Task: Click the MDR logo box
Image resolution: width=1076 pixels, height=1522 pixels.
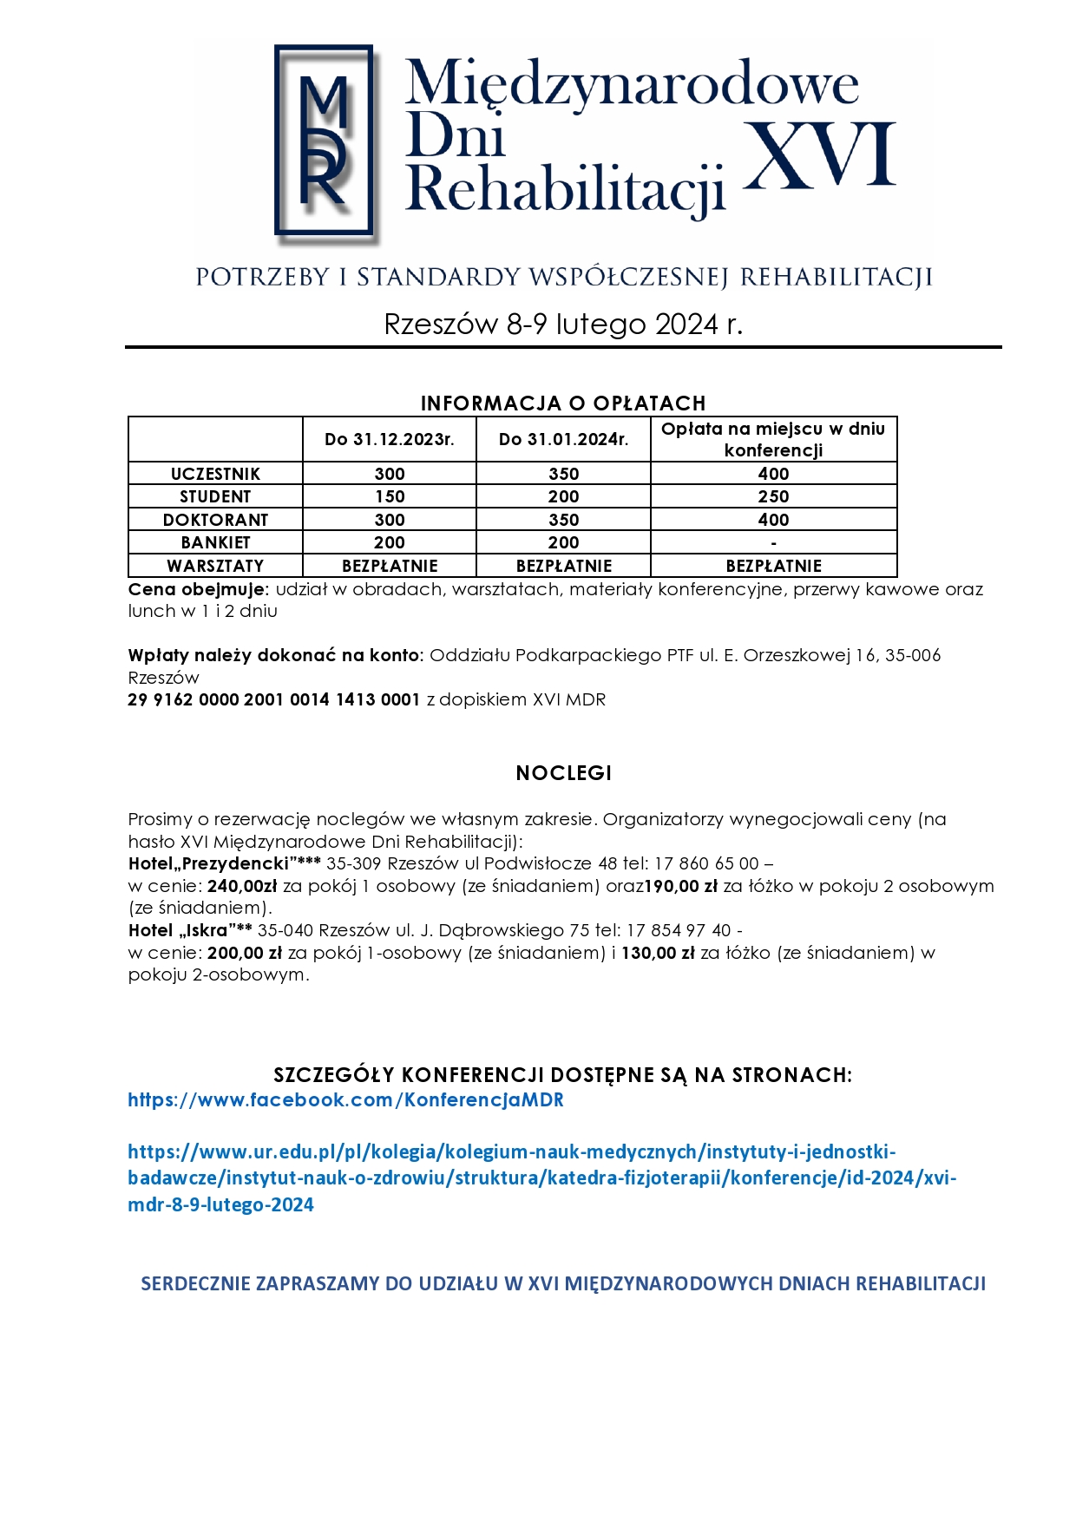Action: pyautogui.click(x=324, y=141)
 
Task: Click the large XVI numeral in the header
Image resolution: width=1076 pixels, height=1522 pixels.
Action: pyautogui.click(x=819, y=155)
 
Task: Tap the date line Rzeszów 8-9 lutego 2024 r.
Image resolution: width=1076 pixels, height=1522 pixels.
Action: pyautogui.click(x=563, y=324)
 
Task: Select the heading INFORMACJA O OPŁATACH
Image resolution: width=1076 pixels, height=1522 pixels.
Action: pyautogui.click(x=563, y=403)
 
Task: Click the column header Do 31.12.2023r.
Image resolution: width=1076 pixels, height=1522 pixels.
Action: pyautogui.click(x=389, y=439)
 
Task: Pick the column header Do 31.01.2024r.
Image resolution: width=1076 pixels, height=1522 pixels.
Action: pyautogui.click(x=563, y=439)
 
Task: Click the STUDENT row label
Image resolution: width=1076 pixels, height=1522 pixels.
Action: pyautogui.click(x=215, y=496)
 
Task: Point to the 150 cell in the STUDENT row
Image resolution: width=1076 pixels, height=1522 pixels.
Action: pyautogui.click(x=389, y=496)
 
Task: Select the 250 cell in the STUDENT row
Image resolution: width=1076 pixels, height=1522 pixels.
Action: pyautogui.click(x=773, y=496)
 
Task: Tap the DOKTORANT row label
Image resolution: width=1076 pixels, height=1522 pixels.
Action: pyautogui.click(x=215, y=520)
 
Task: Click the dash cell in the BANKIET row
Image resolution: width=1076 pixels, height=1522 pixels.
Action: pyautogui.click(x=773, y=543)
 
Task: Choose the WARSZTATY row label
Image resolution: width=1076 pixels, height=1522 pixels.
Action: pyautogui.click(x=215, y=566)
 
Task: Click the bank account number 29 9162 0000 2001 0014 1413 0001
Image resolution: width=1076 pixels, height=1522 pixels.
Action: pyautogui.click(x=273, y=699)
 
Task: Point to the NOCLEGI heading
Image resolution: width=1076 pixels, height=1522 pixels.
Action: pyautogui.click(x=563, y=773)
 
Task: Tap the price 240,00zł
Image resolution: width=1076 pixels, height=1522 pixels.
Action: pyautogui.click(x=242, y=886)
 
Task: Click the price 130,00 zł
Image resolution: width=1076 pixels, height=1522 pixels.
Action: pyautogui.click(x=658, y=953)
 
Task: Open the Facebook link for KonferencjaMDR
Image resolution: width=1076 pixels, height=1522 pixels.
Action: pyautogui.click(x=345, y=1100)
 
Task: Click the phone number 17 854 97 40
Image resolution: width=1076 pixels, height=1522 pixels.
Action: pyautogui.click(x=679, y=930)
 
